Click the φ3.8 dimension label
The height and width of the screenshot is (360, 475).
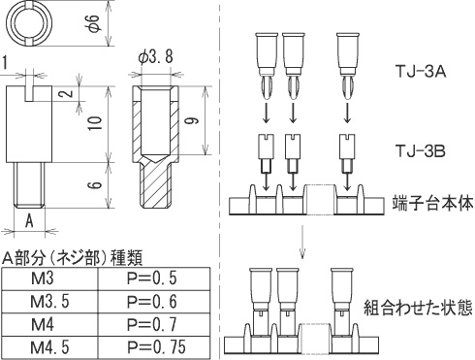[156, 57]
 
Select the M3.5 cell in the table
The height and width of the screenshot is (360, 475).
[45, 302]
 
